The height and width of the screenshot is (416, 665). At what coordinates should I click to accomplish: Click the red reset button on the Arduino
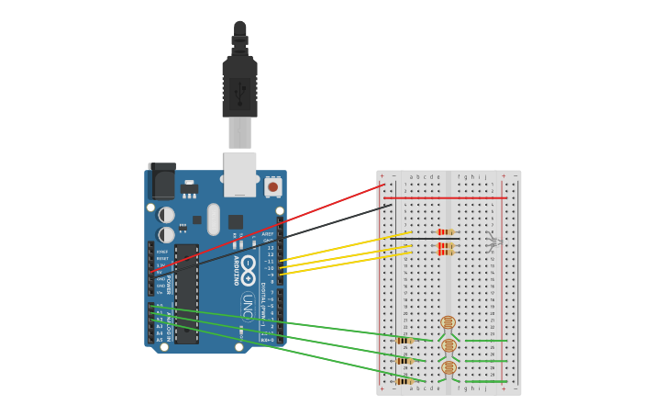pyautogui.click(x=272, y=186)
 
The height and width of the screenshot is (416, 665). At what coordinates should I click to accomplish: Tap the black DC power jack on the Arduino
pyautogui.click(x=161, y=181)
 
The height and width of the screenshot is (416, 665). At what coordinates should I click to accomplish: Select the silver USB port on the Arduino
pyautogui.click(x=239, y=174)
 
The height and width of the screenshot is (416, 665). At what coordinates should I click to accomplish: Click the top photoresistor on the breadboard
pyautogui.click(x=448, y=322)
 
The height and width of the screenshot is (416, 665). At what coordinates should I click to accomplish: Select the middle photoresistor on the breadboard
pyautogui.click(x=449, y=345)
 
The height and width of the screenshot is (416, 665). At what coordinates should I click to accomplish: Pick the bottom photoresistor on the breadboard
pyautogui.click(x=449, y=368)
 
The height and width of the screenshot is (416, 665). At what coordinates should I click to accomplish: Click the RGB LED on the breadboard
pyautogui.click(x=493, y=242)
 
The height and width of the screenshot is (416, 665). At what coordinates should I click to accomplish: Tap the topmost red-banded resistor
pyautogui.click(x=446, y=232)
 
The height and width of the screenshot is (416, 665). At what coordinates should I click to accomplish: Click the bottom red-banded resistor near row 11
pyautogui.click(x=446, y=253)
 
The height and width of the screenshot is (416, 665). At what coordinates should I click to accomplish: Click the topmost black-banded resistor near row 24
pyautogui.click(x=405, y=341)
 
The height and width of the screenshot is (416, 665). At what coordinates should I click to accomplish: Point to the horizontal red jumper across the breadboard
pyautogui.click(x=445, y=197)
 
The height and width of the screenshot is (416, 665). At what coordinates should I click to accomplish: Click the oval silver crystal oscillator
pyautogui.click(x=214, y=219)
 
